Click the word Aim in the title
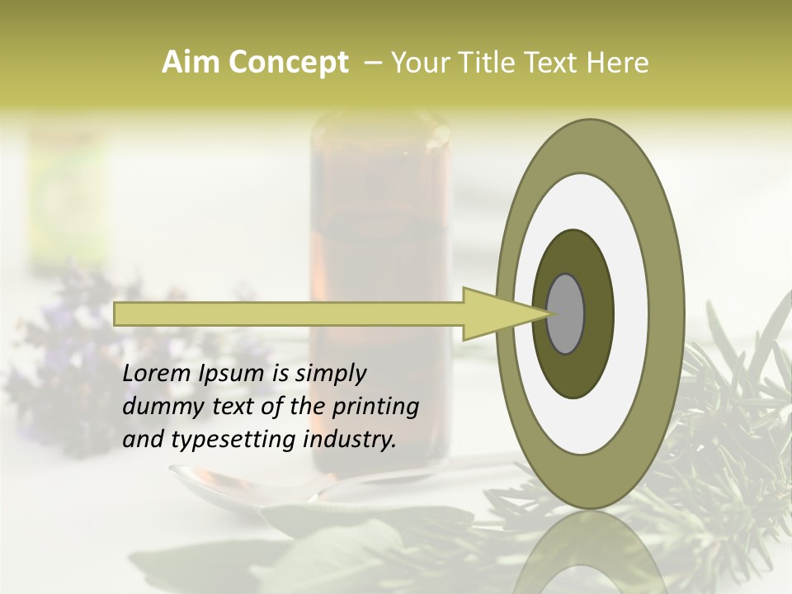[189, 62]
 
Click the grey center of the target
[565, 314]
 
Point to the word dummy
[160, 407]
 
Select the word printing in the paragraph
[375, 408]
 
